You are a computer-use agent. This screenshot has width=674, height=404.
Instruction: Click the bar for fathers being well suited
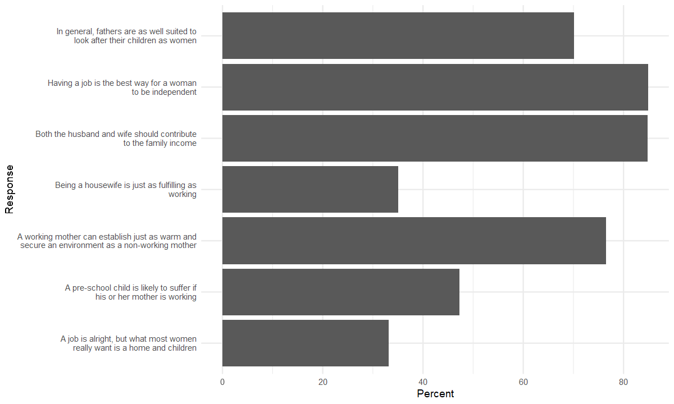[398, 35]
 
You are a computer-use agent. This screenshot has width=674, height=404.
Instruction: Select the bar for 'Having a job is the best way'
[435, 87]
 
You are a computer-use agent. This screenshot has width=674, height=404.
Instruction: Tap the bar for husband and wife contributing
[435, 138]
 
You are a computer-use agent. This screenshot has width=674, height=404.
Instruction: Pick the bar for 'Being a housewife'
[310, 189]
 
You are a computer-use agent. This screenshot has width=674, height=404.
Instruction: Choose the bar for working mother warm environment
[414, 241]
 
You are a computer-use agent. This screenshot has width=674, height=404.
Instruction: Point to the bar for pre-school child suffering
[340, 292]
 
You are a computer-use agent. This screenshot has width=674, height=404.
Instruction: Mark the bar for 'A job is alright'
[305, 343]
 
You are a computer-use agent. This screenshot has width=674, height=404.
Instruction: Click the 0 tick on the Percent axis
[222, 382]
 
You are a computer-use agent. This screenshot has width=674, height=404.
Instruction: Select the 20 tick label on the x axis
[323, 382]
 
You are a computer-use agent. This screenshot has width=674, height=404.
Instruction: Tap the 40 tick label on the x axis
[423, 382]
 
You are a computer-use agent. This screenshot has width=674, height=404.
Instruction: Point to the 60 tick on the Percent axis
[523, 382]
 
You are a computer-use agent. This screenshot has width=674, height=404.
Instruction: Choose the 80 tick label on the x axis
[623, 382]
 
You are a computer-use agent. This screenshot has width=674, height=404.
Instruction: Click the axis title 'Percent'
[435, 394]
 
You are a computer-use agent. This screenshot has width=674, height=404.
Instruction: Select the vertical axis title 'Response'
[9, 189]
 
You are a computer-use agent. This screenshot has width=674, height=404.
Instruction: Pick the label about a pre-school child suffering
[130, 292]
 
